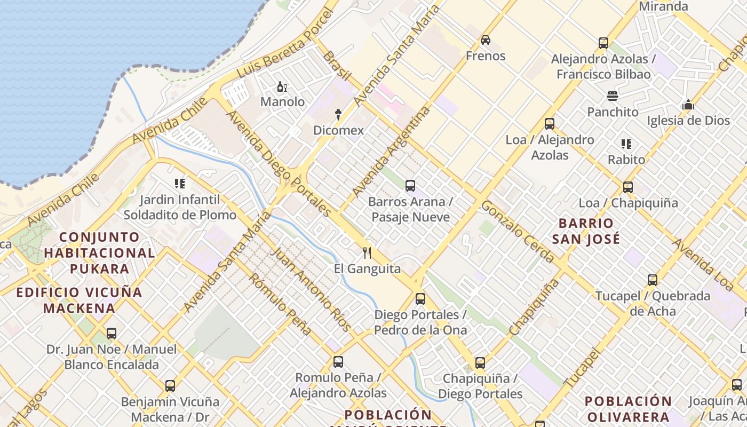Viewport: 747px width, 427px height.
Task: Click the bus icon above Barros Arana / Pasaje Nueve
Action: (x=410, y=186)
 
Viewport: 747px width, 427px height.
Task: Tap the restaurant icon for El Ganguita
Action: (x=367, y=252)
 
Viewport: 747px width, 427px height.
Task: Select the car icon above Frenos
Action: (x=485, y=40)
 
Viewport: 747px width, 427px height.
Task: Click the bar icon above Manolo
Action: (x=282, y=86)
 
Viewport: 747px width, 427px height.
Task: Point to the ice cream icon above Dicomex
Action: (x=338, y=114)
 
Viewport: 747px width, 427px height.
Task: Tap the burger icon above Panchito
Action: (x=612, y=96)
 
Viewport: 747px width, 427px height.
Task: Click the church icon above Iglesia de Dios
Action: (x=688, y=105)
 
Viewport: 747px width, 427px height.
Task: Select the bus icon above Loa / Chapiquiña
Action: (x=628, y=187)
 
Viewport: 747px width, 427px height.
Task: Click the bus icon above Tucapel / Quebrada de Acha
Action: (x=652, y=280)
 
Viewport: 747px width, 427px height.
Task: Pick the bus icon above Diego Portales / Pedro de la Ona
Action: (x=420, y=299)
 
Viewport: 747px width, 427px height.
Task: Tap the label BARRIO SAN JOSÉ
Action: (x=586, y=231)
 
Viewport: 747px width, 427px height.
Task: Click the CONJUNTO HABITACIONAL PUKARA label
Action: (x=99, y=252)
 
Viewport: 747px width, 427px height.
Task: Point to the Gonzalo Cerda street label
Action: (x=518, y=232)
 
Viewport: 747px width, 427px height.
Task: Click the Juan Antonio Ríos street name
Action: (x=312, y=289)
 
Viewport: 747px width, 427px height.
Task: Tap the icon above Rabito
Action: (x=626, y=144)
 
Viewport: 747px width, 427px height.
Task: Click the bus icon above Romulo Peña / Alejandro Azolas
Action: (x=338, y=362)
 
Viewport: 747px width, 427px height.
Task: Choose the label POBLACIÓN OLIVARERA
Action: (x=627, y=408)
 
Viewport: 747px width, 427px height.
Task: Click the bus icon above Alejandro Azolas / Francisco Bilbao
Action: (x=603, y=43)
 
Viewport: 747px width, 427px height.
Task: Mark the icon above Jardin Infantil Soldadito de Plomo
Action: (x=180, y=184)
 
